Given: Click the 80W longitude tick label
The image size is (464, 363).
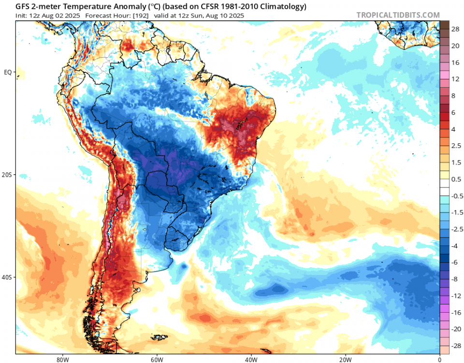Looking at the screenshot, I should click(x=61, y=359).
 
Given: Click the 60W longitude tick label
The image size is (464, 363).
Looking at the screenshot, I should click(x=156, y=359).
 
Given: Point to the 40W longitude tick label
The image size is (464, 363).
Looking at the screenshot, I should click(x=250, y=359).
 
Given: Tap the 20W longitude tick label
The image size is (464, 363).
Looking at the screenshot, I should click(x=345, y=359).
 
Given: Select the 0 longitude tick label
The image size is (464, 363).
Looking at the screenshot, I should click(x=439, y=359).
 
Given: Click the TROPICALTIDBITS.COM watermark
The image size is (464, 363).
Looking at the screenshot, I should click(x=398, y=15).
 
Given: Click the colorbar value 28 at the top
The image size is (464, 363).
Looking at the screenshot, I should click(x=456, y=30).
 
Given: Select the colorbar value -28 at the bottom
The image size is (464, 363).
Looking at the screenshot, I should click(x=456, y=346).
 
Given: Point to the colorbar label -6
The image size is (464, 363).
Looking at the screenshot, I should click(x=455, y=262).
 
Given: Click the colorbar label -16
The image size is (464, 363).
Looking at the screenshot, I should click(x=456, y=313).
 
